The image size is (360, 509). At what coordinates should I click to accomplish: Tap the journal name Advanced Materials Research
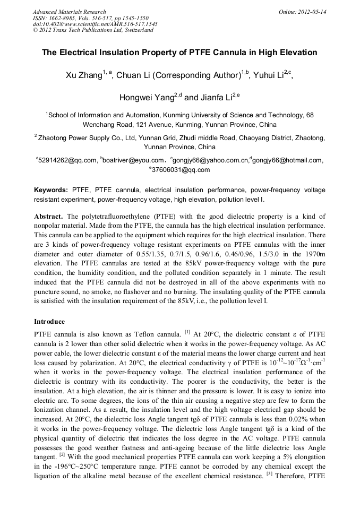tap(69, 12)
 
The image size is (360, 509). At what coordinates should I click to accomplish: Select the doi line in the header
tap(95, 24)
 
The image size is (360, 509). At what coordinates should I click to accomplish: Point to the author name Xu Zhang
tap(83, 75)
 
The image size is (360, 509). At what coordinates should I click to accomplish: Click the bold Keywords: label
tap(51, 189)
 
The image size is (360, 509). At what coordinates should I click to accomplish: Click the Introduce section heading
tap(49, 322)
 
